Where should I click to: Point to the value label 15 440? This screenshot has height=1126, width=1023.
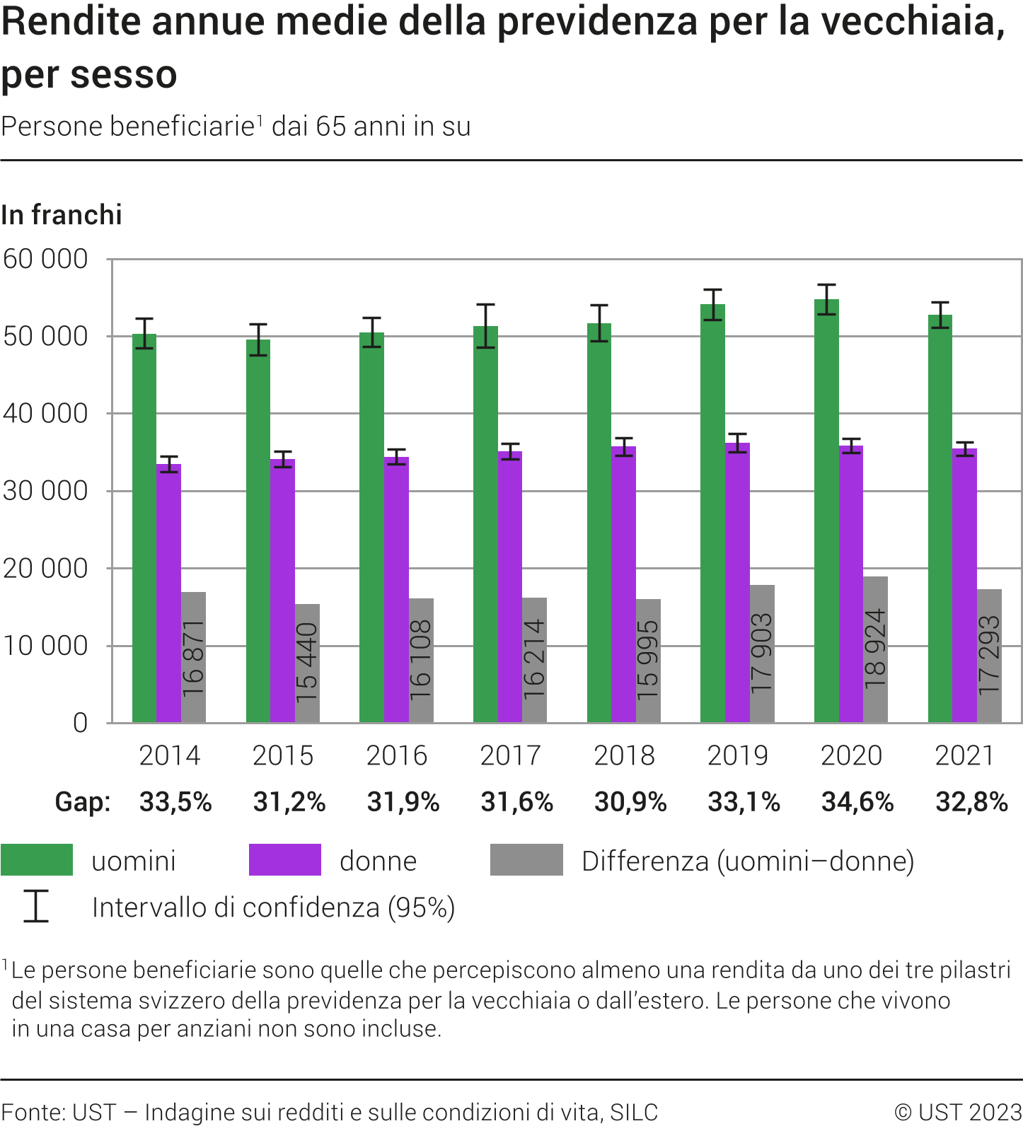click(307, 663)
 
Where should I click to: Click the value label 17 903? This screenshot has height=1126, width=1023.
click(762, 654)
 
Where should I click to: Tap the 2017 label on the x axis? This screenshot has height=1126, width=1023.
click(510, 755)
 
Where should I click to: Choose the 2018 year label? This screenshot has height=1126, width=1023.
click(624, 755)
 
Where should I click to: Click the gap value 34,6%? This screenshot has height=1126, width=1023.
click(857, 802)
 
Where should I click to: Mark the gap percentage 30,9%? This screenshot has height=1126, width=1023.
click(630, 802)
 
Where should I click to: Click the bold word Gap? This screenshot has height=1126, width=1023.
click(83, 802)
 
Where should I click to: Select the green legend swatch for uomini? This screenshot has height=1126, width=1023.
click(37, 860)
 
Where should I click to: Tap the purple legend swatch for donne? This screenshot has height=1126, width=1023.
click(284, 860)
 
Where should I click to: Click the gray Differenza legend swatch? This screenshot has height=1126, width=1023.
click(526, 860)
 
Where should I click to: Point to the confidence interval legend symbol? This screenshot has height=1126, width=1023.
click(35, 906)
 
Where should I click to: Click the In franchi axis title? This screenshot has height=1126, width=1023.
click(62, 215)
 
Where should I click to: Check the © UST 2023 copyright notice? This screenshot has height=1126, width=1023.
click(958, 1112)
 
